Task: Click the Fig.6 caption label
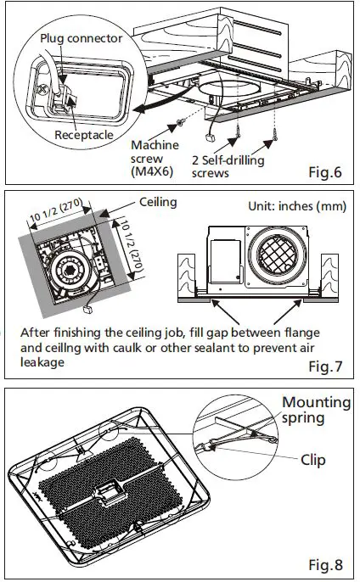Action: click(x=324, y=174)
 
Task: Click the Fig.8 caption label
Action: click(x=324, y=564)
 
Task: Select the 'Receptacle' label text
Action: click(x=85, y=135)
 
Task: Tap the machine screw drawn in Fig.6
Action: click(x=179, y=125)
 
